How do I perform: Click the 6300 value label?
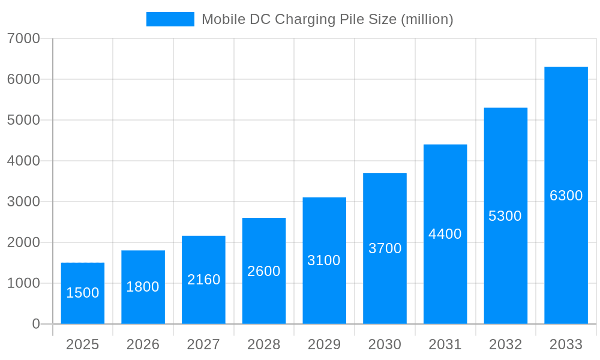(566, 196)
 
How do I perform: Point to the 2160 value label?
(203, 280)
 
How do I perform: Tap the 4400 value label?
(445, 234)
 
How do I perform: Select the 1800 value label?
(143, 287)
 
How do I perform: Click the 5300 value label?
(505, 216)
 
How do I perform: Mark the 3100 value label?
(324, 260)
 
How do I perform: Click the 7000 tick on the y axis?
(23, 38)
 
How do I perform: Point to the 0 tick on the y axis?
(35, 324)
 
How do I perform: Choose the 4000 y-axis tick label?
(23, 161)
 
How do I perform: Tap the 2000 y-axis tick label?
(23, 242)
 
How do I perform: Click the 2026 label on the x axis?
(143, 344)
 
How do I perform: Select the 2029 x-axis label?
(324, 344)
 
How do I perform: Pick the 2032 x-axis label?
(505, 344)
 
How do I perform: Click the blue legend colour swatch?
(170, 19)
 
